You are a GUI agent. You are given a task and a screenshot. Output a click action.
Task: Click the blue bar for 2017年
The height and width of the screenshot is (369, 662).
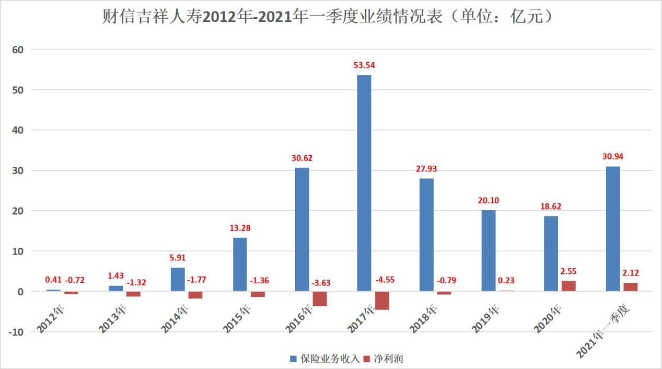tap(364, 183)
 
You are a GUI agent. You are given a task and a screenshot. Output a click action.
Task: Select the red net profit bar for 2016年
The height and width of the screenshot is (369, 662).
tap(320, 298)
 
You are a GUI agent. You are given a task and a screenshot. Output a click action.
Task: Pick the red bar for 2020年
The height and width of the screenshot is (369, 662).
tap(568, 286)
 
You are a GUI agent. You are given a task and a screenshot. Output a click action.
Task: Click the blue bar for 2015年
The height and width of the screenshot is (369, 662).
tap(240, 264)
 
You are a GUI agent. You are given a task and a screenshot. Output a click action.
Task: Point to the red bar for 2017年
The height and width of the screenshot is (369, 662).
tap(382, 301)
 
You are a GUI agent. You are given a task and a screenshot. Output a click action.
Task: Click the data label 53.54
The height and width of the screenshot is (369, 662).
tap(365, 65)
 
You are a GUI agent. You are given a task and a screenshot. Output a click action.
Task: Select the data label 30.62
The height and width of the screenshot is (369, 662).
tap(302, 158)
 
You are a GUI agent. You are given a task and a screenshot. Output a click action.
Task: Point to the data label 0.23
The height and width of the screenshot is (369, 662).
tap(506, 281)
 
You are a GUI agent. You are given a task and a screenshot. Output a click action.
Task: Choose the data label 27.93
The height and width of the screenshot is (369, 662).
tap(426, 169)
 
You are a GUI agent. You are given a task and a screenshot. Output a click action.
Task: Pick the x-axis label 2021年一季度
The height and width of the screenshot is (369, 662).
tap(604, 332)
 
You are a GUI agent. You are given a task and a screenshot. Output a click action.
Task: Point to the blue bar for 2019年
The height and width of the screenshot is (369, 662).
tap(489, 250)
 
